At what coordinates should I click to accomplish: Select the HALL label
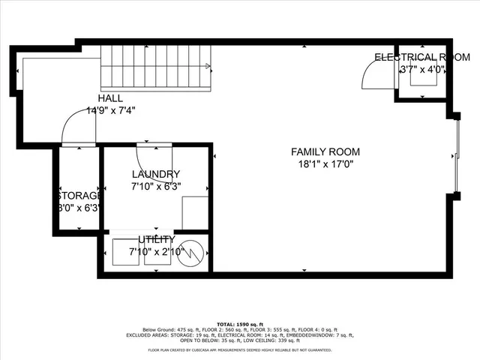[x=110, y=98]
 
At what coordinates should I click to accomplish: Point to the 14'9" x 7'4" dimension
[x=110, y=109]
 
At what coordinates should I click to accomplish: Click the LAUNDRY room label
[x=156, y=174]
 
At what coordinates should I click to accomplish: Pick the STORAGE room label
[x=78, y=196]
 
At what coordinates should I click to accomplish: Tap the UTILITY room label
[x=156, y=239]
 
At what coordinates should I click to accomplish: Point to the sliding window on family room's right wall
[x=459, y=156]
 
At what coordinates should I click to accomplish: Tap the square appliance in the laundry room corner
[x=195, y=213]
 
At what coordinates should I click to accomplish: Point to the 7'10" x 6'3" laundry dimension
[x=156, y=186]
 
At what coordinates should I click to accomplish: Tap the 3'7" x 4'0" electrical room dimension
[x=423, y=70]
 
